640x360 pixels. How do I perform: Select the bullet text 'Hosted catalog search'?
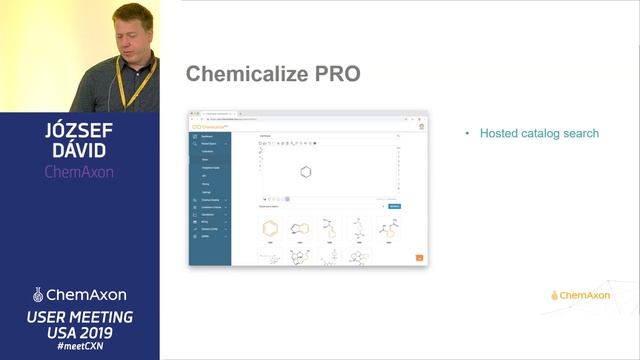coord(539,133)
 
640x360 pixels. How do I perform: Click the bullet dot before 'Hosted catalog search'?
coord(467,134)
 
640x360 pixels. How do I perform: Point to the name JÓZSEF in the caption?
coord(80,131)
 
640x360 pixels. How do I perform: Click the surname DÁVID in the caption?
coord(80,151)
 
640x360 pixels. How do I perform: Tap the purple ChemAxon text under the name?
coord(79,171)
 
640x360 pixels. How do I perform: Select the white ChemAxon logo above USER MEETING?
coord(79,295)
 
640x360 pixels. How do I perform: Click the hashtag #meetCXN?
coord(79,347)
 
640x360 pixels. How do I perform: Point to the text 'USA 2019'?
coord(79,332)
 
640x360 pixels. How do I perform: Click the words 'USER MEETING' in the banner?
coord(79,316)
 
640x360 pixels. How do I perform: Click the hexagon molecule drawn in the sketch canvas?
coord(306,172)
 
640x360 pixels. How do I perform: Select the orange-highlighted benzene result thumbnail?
coord(270,228)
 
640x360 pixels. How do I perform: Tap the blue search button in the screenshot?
coord(394,206)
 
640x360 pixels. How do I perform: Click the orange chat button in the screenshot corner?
coord(419,258)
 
